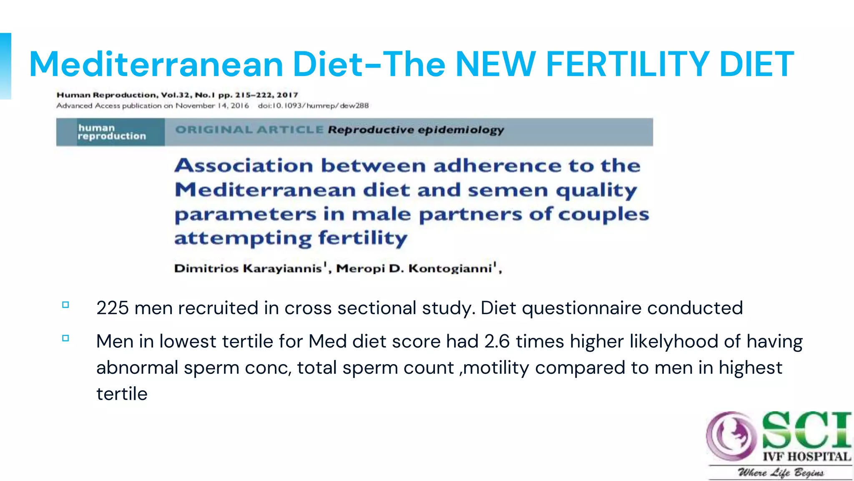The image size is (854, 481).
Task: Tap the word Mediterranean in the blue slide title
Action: point(156,64)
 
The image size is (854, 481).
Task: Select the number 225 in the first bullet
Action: point(113,308)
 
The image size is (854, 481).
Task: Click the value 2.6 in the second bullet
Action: point(497,342)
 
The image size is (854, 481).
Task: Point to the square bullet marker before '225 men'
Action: point(65,305)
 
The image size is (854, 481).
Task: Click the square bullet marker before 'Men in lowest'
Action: point(65,338)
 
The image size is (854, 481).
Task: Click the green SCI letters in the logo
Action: point(806,430)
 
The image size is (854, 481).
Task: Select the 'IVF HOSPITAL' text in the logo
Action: point(806,457)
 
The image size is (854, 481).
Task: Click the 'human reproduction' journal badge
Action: point(111,132)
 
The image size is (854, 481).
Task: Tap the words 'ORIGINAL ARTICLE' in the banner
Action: point(249,130)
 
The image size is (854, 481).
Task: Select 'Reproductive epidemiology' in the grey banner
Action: point(416,130)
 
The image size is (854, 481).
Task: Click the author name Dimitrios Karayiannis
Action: point(248,268)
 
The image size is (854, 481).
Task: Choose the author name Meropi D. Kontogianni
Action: point(414,268)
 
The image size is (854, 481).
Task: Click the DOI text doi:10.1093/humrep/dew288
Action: point(313,106)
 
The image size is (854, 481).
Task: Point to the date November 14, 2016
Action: point(212,106)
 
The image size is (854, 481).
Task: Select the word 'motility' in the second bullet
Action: point(496,368)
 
